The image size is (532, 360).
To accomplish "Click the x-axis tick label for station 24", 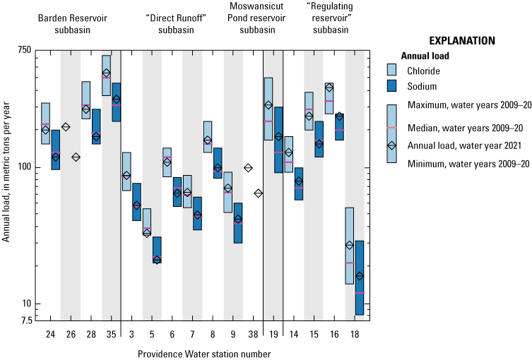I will [x=50, y=333].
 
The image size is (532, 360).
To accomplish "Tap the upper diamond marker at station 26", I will [x=66, y=127].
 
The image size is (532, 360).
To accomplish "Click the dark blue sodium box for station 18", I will [x=360, y=277].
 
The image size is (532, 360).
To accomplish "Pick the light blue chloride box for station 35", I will [x=107, y=75].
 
